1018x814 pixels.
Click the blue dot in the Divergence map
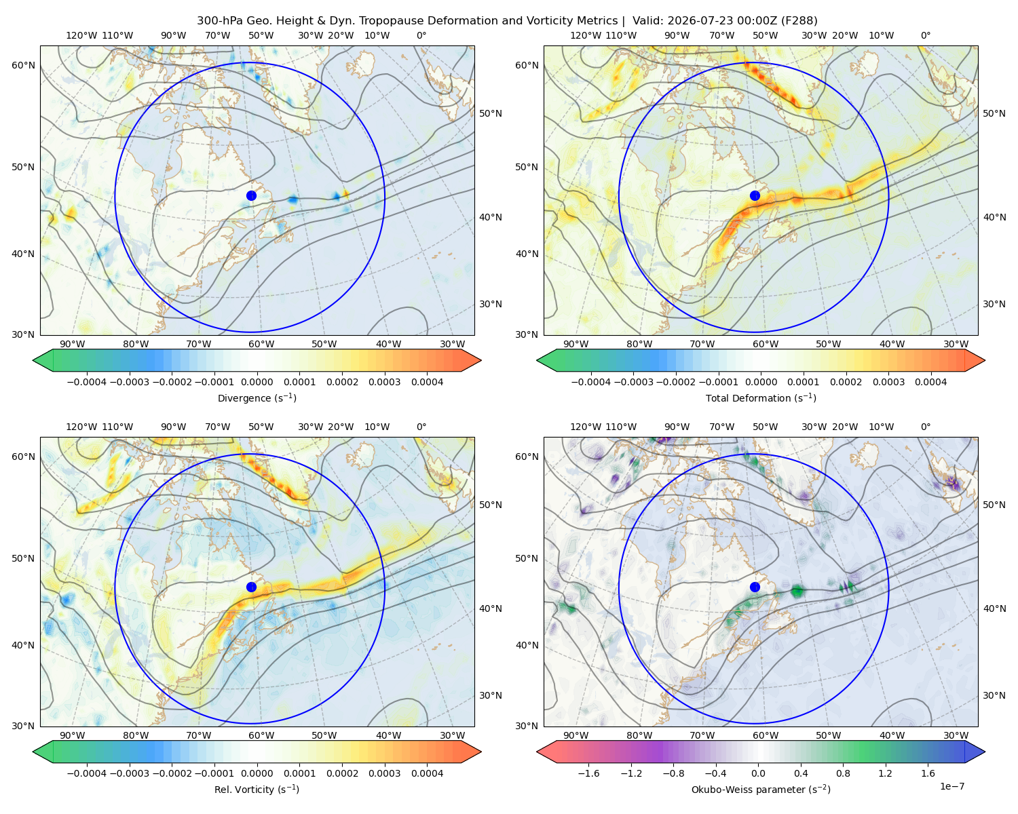(251, 196)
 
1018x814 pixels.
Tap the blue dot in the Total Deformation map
(755, 196)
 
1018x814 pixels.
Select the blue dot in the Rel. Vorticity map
(251, 587)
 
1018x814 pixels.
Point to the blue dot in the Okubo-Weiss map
(755, 587)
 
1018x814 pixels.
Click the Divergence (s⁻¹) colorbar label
(257, 398)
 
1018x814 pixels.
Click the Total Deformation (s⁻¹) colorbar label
(761, 398)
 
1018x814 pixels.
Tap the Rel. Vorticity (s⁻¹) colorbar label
(257, 789)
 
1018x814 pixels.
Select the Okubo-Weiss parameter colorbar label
(761, 789)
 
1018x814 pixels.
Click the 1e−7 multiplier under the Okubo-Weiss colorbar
(951, 786)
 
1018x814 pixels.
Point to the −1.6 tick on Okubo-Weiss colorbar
(588, 773)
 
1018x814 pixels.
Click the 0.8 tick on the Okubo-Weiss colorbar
(843, 773)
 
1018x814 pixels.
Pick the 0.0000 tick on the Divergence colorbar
(257, 382)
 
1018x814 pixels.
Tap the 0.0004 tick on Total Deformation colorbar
(931, 382)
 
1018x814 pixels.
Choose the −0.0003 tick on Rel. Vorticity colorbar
(129, 773)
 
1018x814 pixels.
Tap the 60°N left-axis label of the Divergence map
(23, 65)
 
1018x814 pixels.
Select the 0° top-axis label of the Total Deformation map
(925, 35)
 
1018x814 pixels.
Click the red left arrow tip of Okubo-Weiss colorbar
(538, 752)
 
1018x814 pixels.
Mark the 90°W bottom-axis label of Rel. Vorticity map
(73, 735)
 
